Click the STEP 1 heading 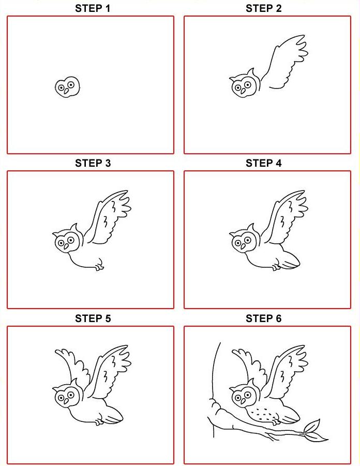pos(93,8)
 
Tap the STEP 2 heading pos(264,8)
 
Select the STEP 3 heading pos(93,163)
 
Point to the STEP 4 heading pos(264,163)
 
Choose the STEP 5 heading pos(93,318)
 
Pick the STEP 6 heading pos(264,318)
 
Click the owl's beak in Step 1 pos(66,91)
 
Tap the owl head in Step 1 pos(67,87)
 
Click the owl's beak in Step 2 pos(244,91)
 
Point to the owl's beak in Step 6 pos(244,401)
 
